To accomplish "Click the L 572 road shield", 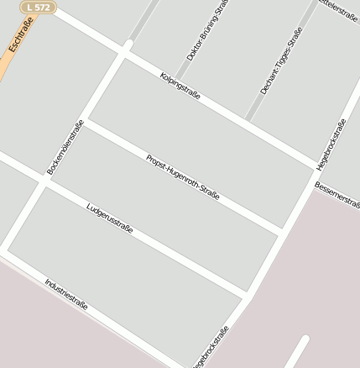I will point(38,7).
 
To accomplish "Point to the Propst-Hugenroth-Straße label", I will point(182,176).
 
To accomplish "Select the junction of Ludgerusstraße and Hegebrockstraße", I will point(248,296).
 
